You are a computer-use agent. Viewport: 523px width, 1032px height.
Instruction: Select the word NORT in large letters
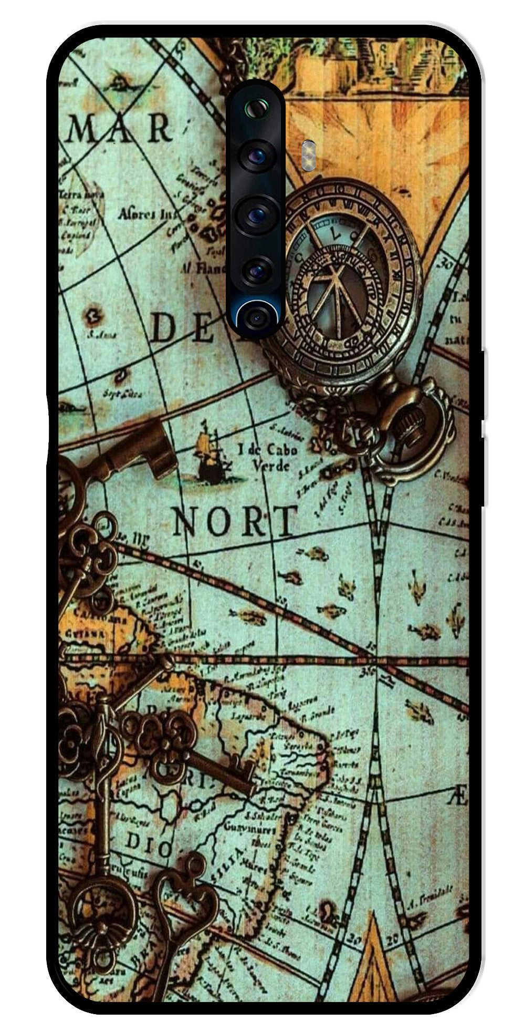[234, 521]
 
